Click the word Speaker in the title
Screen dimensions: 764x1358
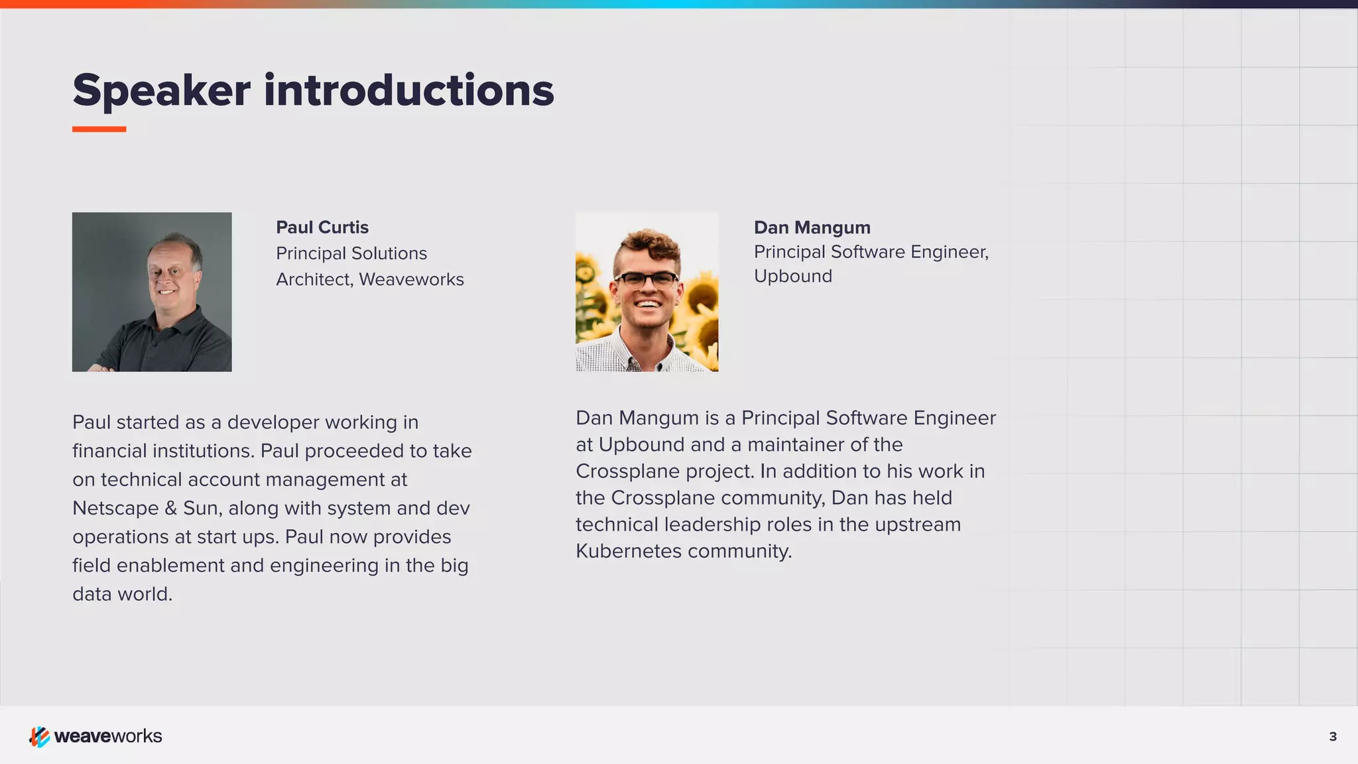coord(161,91)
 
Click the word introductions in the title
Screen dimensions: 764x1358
coord(408,91)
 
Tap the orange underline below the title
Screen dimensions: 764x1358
coord(99,129)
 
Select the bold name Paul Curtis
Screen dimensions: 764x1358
coord(322,227)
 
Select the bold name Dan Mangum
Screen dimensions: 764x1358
coord(812,227)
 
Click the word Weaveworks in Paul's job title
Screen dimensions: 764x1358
coord(411,280)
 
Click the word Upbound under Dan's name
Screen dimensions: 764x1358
coord(792,277)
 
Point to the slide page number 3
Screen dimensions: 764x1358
coord(1333,737)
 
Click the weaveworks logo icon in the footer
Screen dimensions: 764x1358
coord(39,736)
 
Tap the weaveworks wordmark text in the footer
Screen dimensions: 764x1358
coord(108,736)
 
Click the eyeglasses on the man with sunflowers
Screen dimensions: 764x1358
coord(646,279)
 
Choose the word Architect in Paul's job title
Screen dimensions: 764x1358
coord(313,280)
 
